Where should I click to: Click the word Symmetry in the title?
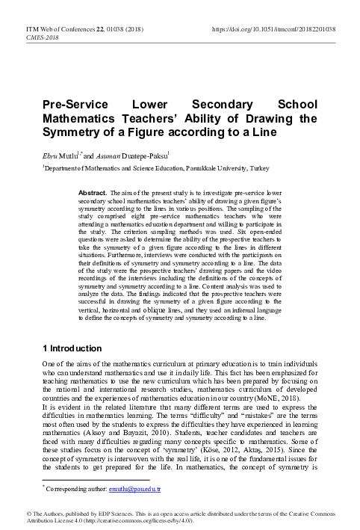[71, 132]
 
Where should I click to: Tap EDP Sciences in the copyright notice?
[111, 514]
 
